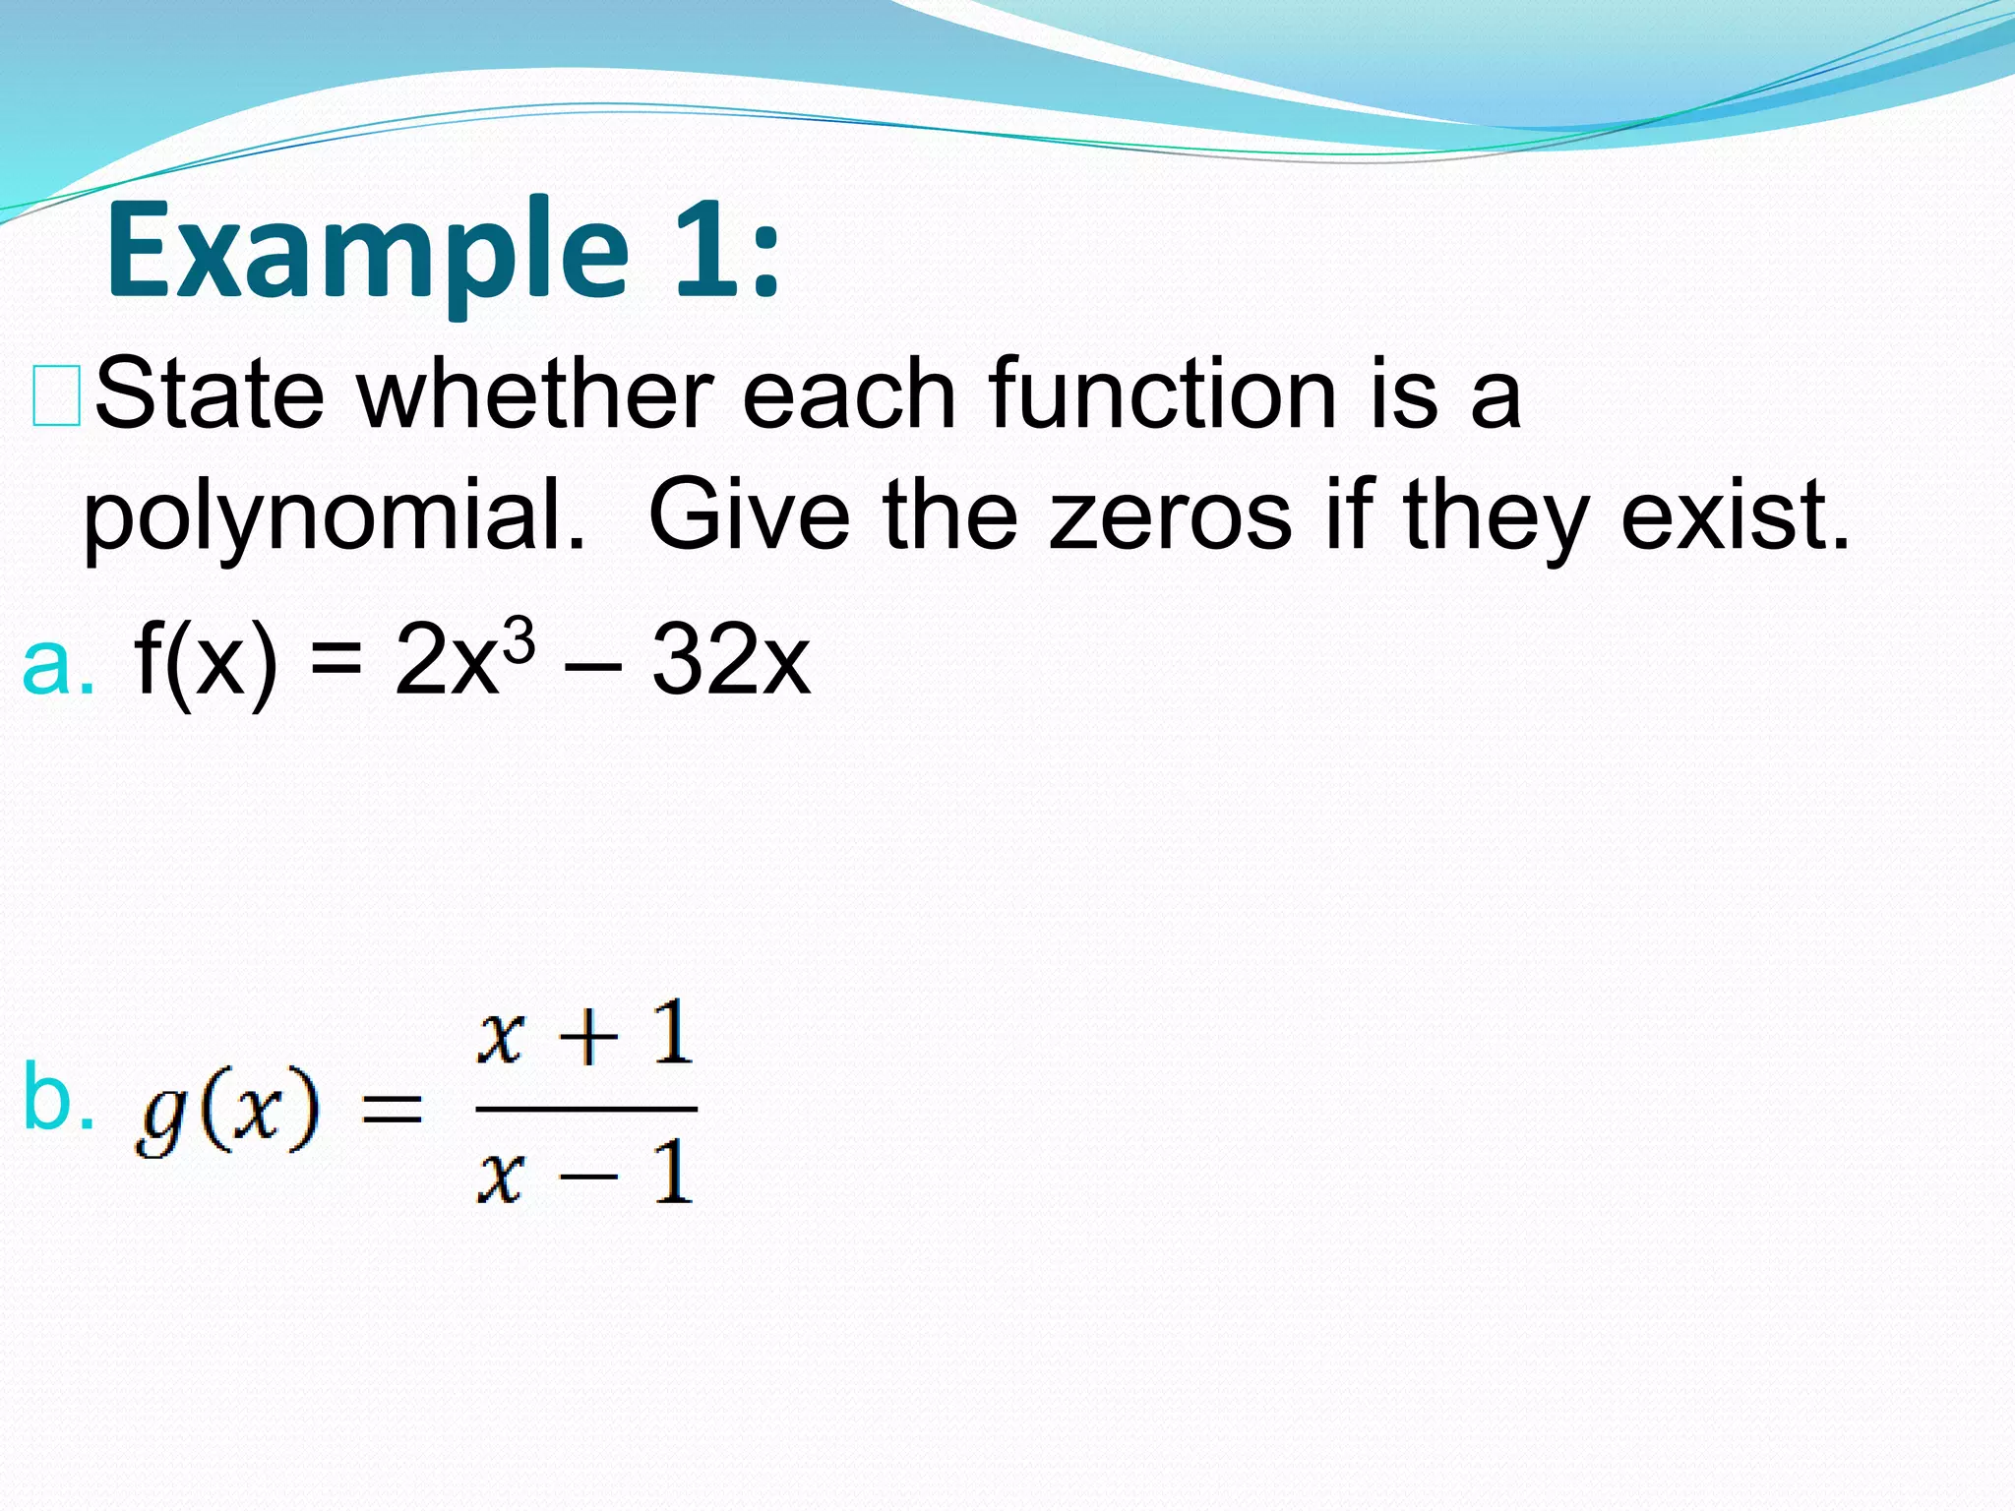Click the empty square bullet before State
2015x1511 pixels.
tap(56, 396)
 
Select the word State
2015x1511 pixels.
tap(209, 394)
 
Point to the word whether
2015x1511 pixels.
tap(535, 394)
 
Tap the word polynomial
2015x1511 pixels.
tap(335, 515)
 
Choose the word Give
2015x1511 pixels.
tap(749, 515)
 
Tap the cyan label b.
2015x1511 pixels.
tap(58, 1098)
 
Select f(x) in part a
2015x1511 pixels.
tap(206, 661)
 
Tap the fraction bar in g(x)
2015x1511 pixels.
tap(586, 1110)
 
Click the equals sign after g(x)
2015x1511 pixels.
tap(393, 1112)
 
